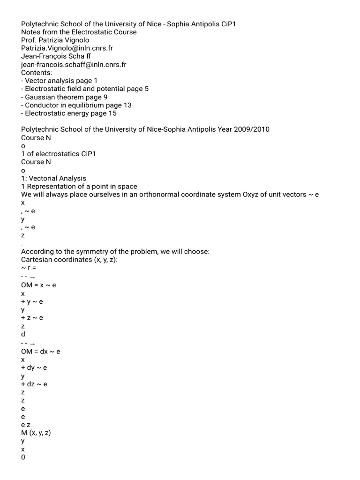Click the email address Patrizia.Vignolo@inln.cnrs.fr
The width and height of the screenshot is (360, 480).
(x=67, y=48)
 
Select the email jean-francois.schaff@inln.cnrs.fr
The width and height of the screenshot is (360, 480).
(x=74, y=64)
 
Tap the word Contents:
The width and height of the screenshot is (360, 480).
(x=37, y=73)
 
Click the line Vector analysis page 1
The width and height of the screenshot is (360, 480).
(x=60, y=81)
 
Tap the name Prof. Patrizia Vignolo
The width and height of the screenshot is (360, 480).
(x=55, y=40)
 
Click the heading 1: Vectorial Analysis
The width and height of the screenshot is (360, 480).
(x=54, y=178)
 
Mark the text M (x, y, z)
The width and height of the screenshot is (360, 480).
(x=36, y=433)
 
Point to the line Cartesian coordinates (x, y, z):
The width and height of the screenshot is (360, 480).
(x=70, y=260)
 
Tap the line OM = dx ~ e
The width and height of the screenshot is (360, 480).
(x=41, y=351)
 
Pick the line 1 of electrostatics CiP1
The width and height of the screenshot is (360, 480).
(x=59, y=154)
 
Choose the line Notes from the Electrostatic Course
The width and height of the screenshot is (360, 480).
(x=79, y=32)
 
